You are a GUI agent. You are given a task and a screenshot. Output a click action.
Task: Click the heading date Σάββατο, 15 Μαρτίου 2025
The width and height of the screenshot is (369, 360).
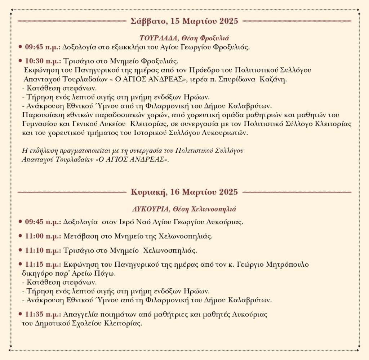pyautogui.click(x=184, y=21)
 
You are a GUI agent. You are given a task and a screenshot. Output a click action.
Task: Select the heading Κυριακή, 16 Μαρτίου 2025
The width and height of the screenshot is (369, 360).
pyautogui.click(x=184, y=192)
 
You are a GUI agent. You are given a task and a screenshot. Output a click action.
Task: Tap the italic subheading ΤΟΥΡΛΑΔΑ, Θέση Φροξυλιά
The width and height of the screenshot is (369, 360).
pyautogui.click(x=184, y=38)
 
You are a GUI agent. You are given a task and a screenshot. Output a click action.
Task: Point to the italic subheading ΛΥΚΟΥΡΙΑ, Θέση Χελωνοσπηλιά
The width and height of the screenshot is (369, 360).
pyautogui.click(x=184, y=209)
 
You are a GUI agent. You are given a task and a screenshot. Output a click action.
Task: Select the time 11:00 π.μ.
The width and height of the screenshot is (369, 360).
pyautogui.click(x=43, y=236)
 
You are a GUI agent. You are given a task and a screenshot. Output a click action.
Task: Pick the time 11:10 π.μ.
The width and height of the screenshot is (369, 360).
pyautogui.click(x=43, y=250)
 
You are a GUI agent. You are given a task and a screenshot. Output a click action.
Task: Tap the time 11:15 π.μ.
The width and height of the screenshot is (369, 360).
pyautogui.click(x=43, y=264)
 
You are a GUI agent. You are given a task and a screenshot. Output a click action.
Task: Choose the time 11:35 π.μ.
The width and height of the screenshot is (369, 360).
pyautogui.click(x=43, y=314)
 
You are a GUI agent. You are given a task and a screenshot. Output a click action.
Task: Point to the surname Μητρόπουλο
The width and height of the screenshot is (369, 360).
pyautogui.click(x=288, y=264)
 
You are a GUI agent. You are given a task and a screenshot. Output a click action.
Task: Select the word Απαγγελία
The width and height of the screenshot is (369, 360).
pyautogui.click(x=80, y=314)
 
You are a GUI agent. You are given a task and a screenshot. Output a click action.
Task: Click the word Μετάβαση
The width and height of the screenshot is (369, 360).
pyautogui.click(x=78, y=236)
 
